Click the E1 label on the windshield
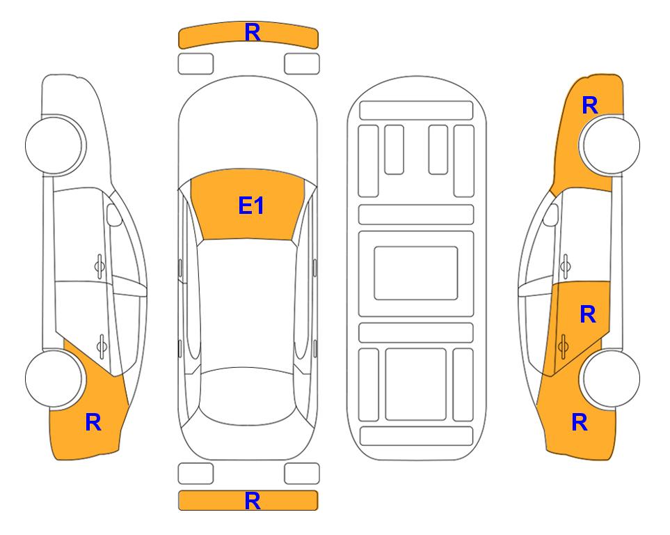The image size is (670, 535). pyautogui.click(x=251, y=206)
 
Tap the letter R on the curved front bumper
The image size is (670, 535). pyautogui.click(x=253, y=33)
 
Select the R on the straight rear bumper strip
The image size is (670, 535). pyautogui.click(x=253, y=501)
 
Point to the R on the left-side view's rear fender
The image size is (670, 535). pyautogui.click(x=94, y=422)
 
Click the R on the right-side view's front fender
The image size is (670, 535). pyautogui.click(x=590, y=105)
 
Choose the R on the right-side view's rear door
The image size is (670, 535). pyautogui.click(x=588, y=315)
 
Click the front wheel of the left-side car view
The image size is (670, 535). pyautogui.click(x=55, y=146)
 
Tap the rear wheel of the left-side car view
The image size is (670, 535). pyautogui.click(x=54, y=378)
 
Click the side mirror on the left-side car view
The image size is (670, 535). pyautogui.click(x=113, y=215)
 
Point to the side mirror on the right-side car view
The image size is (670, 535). pyautogui.click(x=551, y=215)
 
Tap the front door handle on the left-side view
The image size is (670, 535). pyautogui.click(x=99, y=267)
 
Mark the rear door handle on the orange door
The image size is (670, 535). pyautogui.click(x=563, y=347)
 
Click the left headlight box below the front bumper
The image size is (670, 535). pyautogui.click(x=196, y=64)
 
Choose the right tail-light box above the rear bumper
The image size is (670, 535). pyautogui.click(x=302, y=474)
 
